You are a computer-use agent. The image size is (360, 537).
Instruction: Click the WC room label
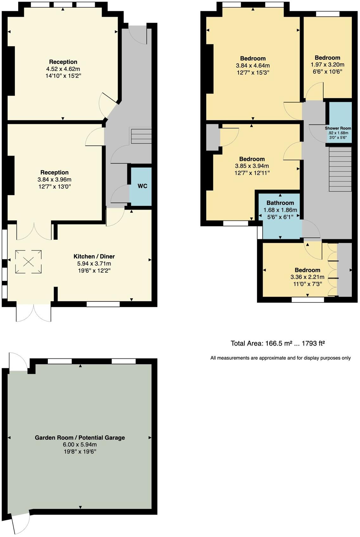142,186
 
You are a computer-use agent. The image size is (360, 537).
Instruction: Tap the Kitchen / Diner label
94,256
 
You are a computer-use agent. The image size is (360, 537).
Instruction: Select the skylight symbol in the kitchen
28,262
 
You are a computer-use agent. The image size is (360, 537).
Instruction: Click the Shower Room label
338,128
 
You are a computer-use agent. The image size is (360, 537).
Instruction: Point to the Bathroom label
280,203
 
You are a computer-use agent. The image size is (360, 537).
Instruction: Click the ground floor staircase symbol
141,136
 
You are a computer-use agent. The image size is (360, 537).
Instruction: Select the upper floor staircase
340,169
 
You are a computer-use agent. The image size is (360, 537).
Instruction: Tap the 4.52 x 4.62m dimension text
63,69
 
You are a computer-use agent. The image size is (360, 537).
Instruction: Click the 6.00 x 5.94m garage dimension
80,445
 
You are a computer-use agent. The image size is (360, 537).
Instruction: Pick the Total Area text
278,343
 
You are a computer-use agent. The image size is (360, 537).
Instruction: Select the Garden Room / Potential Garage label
80,438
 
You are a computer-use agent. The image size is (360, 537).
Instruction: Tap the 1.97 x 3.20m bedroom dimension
327,65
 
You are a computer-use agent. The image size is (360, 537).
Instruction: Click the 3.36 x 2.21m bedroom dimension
307,277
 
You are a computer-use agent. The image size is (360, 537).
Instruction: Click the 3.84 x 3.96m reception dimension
55,180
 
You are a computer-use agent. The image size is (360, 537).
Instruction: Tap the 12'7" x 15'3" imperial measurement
253,73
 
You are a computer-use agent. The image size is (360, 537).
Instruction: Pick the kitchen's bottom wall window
103,304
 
